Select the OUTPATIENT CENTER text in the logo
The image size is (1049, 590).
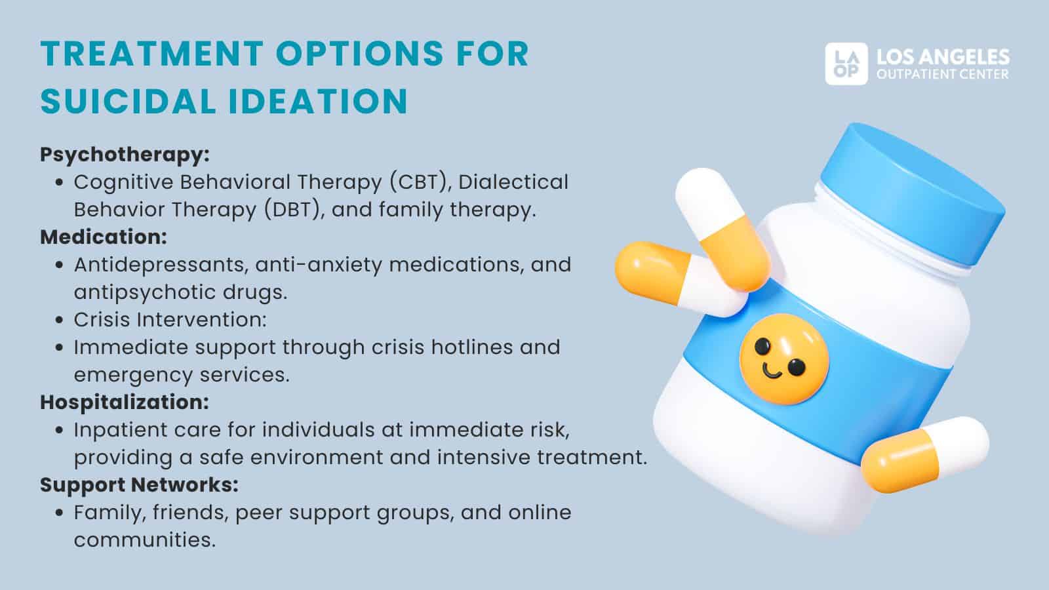(x=943, y=75)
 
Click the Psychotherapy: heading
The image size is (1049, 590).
(x=125, y=155)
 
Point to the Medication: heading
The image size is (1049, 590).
(x=104, y=237)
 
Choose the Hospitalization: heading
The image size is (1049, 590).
(x=125, y=402)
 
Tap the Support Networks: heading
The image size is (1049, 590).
(x=139, y=484)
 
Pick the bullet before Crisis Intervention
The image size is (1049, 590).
(x=60, y=321)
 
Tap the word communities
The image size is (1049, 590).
(x=144, y=540)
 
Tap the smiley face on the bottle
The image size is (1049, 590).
(x=783, y=358)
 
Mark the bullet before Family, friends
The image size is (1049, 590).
(x=60, y=513)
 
